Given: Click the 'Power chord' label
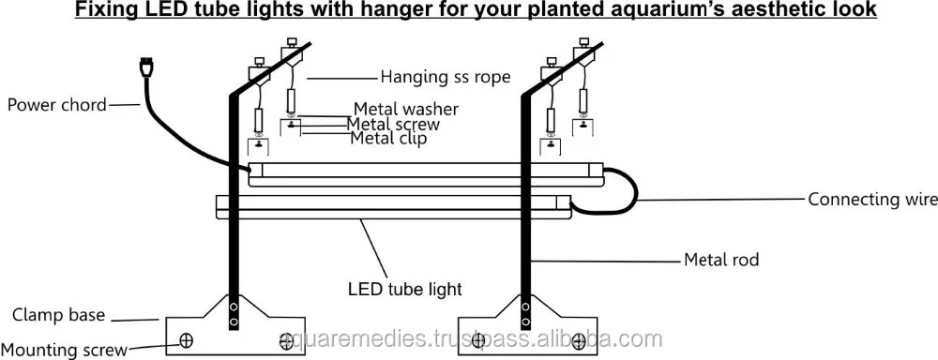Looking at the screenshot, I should [x=57, y=105].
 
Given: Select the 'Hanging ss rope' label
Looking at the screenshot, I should [x=446, y=77].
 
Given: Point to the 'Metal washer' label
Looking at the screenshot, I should [x=401, y=109].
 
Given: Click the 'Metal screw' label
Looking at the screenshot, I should [x=393, y=124].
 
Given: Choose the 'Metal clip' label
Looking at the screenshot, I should [x=388, y=139].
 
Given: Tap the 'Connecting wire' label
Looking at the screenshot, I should [x=872, y=199].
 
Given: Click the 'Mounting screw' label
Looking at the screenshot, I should [x=64, y=350].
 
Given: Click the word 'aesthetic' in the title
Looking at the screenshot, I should [x=791, y=11].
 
